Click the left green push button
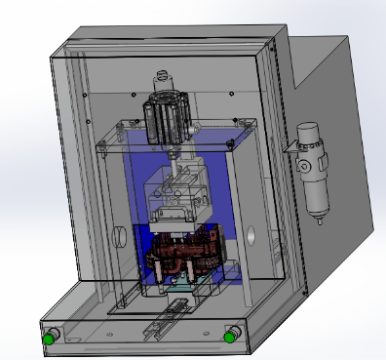[48, 338]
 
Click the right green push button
[229, 338]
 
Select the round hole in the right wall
[251, 235]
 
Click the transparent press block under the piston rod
[175, 200]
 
